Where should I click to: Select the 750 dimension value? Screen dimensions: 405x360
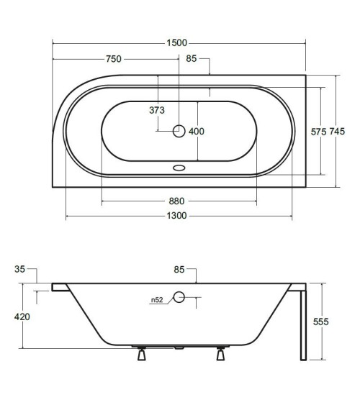pyautogui.click(x=112, y=59)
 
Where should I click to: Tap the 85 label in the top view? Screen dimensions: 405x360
pyautogui.click(x=192, y=59)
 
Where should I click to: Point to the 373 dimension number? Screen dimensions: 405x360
pyautogui.click(x=157, y=110)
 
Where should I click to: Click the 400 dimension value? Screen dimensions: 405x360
pyautogui.click(x=197, y=131)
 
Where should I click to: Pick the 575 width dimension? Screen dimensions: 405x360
pyautogui.click(x=319, y=132)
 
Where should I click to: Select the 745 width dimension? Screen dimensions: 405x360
pyautogui.click(x=338, y=132)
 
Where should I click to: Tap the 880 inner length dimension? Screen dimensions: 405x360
pyautogui.click(x=177, y=201)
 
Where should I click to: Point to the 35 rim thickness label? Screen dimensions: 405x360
pyautogui.click(x=19, y=269)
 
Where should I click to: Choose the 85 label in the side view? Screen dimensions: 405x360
pyautogui.click(x=179, y=270)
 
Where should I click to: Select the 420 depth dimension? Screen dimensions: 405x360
pyautogui.click(x=22, y=317)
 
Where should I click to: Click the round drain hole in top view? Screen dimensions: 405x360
pyautogui.click(x=179, y=131)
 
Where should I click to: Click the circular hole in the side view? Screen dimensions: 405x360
pyautogui.click(x=179, y=297)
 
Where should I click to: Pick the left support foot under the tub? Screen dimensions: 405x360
pyautogui.click(x=140, y=355)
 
